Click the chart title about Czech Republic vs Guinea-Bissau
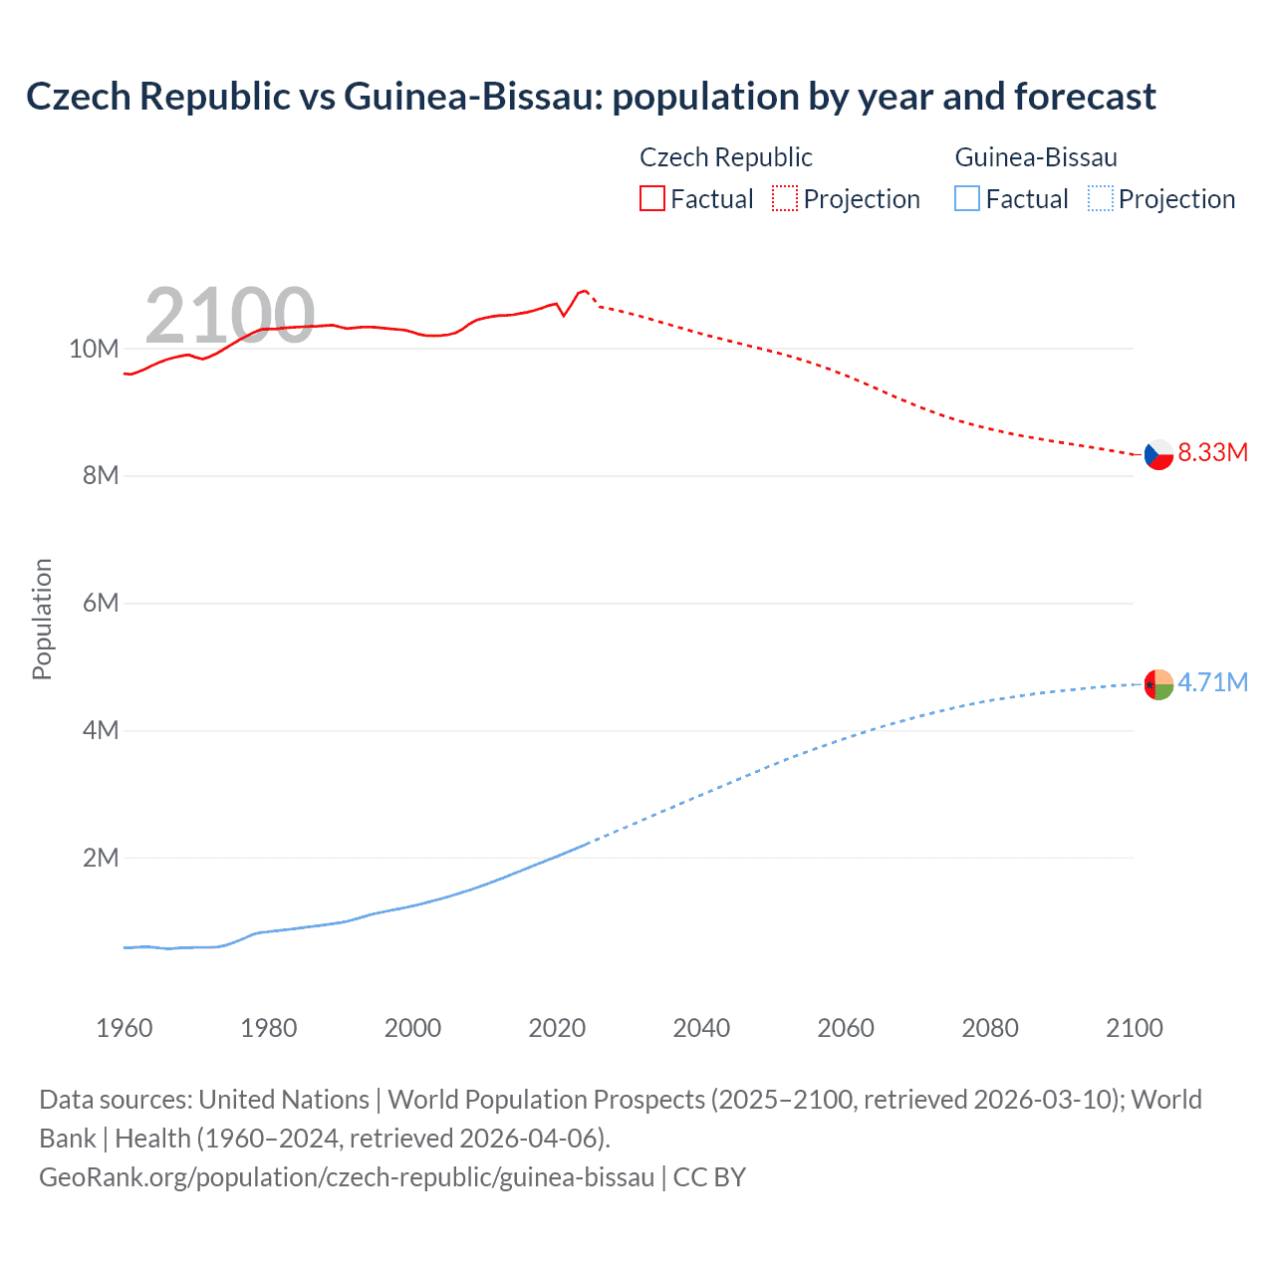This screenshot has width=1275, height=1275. point(591,97)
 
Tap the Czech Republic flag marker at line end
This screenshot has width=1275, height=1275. point(1158,454)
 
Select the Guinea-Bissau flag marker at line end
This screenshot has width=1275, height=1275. point(1158,684)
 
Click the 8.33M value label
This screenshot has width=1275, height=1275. point(1212,452)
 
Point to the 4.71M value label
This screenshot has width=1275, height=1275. point(1212,682)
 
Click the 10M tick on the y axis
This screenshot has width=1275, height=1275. point(94,349)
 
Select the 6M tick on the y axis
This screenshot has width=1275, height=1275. point(100,604)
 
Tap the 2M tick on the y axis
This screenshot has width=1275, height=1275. point(100,859)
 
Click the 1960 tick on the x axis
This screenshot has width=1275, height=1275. point(125,1028)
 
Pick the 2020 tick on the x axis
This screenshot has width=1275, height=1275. point(557,1028)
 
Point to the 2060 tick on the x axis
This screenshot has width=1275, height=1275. point(846,1028)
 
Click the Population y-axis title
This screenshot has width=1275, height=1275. point(42,619)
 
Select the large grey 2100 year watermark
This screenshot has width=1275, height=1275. point(229,316)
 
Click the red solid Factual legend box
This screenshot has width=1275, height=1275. point(651,199)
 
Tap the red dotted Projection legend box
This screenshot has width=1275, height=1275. point(785,199)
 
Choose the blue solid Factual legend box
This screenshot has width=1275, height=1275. point(967,199)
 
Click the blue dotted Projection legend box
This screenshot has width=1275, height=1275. point(1100,199)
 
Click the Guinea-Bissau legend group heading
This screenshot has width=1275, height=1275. point(1036,157)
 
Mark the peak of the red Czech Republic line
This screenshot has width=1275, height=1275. point(585,290)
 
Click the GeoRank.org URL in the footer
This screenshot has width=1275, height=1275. point(347,1177)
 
